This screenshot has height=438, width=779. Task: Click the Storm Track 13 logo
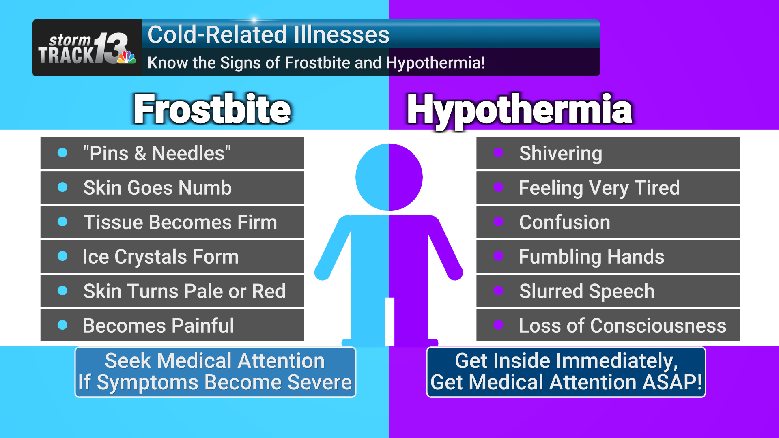click(x=87, y=48)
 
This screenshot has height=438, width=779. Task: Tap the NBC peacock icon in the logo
click(x=127, y=57)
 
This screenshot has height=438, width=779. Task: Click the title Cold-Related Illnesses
click(x=268, y=34)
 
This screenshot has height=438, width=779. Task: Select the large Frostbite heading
click(x=212, y=109)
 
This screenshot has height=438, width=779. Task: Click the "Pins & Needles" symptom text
click(x=157, y=153)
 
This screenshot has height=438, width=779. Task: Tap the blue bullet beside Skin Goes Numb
click(x=62, y=187)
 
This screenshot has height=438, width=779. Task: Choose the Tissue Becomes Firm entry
click(x=180, y=222)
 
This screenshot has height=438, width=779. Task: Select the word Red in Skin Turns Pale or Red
click(x=269, y=291)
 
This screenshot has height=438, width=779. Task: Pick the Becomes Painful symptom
click(x=158, y=326)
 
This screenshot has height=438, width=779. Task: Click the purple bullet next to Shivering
click(x=498, y=152)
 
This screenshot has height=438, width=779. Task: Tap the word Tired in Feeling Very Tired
click(x=657, y=188)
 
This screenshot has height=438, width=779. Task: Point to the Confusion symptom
click(x=564, y=222)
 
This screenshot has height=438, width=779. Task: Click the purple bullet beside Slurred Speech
click(x=498, y=290)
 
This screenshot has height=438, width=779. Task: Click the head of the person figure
click(x=389, y=177)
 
